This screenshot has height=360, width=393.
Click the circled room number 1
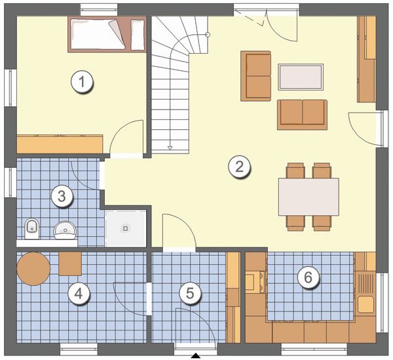(82, 82)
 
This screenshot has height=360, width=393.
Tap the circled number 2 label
(239, 167)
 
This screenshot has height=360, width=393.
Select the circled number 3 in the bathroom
(62, 196)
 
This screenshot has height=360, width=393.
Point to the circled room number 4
(79, 293)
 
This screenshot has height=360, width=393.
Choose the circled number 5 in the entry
(190, 293)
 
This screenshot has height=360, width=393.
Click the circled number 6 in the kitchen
(308, 277)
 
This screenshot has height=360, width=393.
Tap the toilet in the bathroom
(32, 229)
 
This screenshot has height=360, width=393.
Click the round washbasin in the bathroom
(65, 230)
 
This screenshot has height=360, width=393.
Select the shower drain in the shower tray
(126, 228)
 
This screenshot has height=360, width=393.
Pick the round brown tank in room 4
(33, 269)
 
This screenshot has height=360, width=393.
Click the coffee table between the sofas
(301, 77)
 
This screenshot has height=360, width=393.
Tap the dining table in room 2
(309, 197)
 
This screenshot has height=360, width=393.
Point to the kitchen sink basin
(365, 304)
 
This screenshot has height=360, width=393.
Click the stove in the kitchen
(255, 283)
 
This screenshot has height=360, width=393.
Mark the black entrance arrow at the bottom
(196, 355)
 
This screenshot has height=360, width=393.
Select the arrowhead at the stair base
(170, 148)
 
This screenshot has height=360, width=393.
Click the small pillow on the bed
(138, 35)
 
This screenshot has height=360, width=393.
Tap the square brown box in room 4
(70, 264)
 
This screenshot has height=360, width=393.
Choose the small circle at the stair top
(208, 35)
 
